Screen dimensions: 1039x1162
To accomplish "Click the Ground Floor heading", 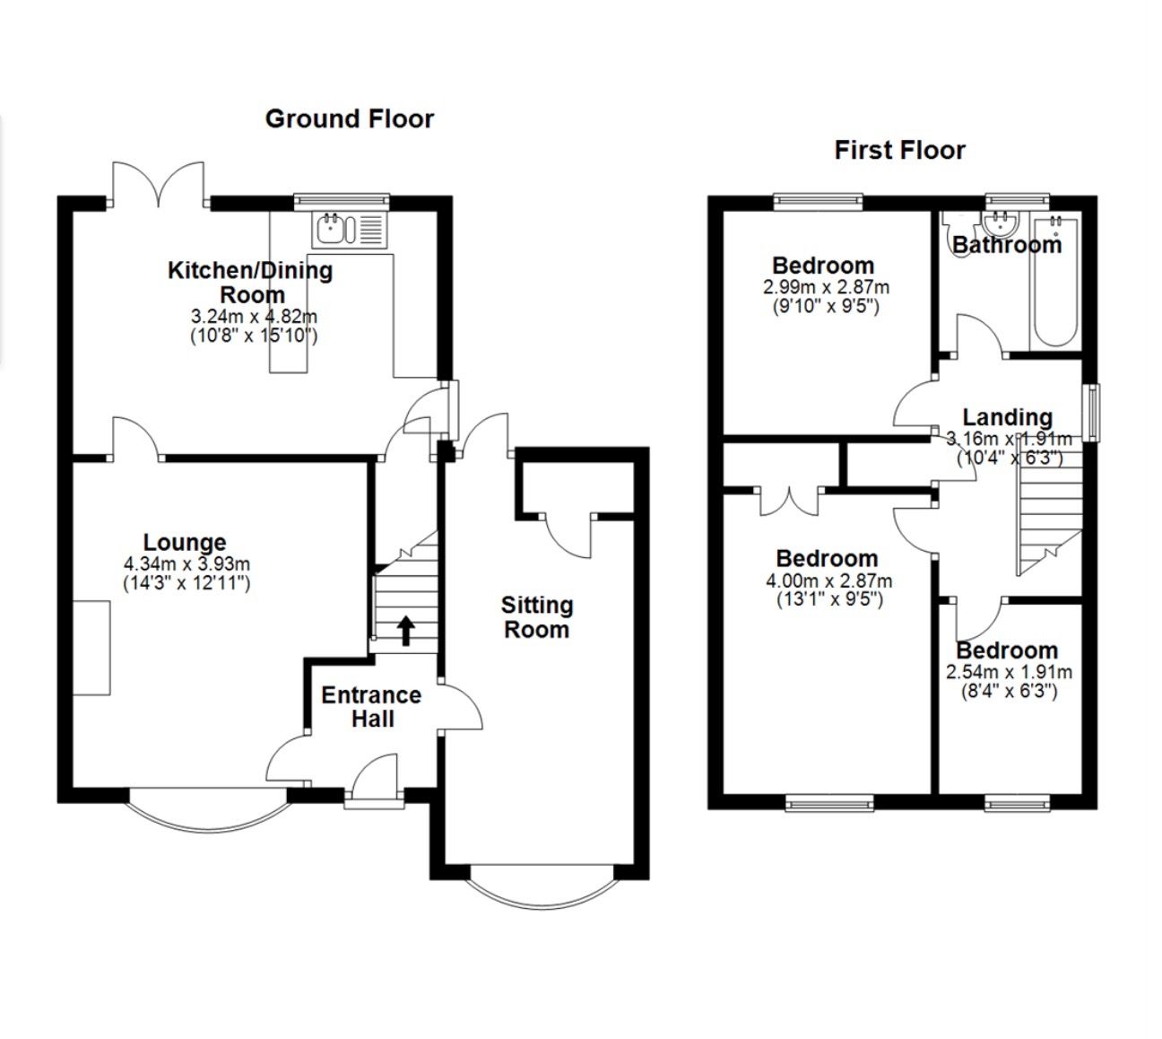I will (349, 118).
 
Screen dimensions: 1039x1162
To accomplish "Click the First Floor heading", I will (899, 150).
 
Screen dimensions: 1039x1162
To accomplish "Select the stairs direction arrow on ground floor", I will (405, 630).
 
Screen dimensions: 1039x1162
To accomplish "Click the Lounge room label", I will (185, 542).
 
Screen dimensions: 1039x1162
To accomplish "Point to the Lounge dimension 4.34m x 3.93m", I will (186, 564).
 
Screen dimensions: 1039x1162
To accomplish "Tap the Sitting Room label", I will (536, 617).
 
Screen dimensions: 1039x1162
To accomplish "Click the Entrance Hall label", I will (371, 707).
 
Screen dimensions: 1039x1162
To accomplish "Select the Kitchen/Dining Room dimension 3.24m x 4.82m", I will (254, 317).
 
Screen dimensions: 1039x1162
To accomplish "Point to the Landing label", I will (1007, 416).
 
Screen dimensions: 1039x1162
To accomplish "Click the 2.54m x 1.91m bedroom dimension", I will (1009, 672).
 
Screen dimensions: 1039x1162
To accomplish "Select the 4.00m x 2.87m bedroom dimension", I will (828, 581).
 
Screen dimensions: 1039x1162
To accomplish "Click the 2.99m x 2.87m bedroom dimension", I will (826, 288).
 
